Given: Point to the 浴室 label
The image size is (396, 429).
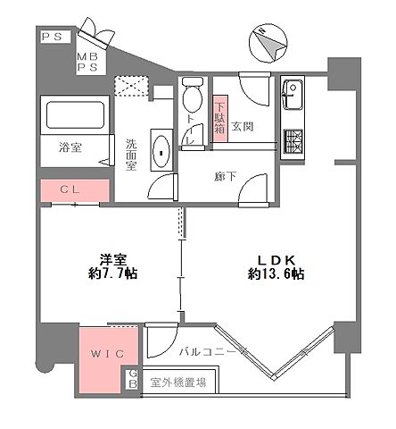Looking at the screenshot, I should click(70, 148).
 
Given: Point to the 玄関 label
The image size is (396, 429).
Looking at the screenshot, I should click(243, 127).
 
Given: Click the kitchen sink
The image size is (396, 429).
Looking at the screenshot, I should click(294, 93).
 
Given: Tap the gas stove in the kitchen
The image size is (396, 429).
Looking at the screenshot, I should click(294, 140).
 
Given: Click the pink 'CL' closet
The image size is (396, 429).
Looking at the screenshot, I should click(74, 190).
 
